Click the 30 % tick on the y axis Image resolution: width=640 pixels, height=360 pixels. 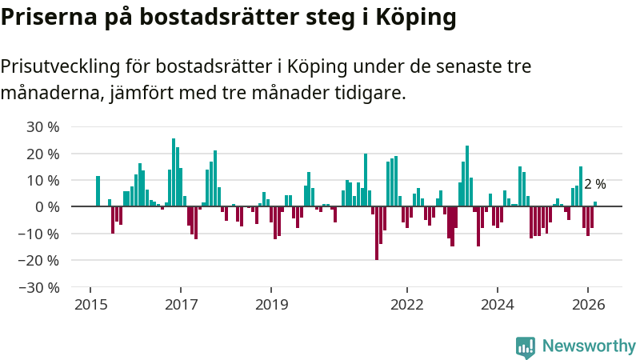click(42, 126)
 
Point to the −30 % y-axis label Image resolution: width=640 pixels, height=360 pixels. click(40, 286)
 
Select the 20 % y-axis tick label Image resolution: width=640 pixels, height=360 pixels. click(42, 153)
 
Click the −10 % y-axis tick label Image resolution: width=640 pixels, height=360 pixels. click(40, 233)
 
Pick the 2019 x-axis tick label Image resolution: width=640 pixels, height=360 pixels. click(271, 304)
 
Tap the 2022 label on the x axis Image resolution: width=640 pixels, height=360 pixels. click(406, 304)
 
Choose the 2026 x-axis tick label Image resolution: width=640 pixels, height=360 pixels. click(588, 304)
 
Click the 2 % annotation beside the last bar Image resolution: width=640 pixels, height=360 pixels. click(595, 184)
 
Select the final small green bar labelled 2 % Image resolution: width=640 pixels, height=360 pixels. click(595, 204)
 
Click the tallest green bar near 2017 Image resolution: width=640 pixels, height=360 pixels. click(174, 172)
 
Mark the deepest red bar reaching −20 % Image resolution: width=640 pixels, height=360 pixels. click(377, 233)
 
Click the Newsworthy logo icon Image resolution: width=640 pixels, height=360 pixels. click(526, 346)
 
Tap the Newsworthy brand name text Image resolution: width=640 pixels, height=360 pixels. click(589, 346)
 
